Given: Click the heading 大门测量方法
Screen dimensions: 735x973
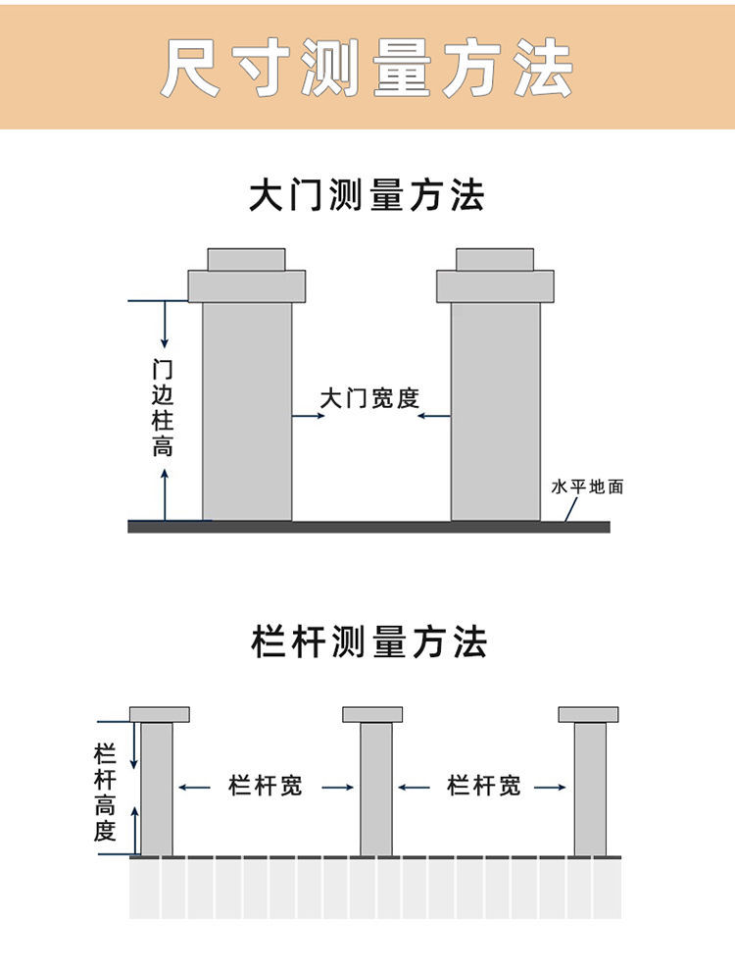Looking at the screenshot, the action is pyautogui.click(x=367, y=195).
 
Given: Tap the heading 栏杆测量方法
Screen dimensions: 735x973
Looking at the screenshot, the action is pyautogui.click(x=369, y=641).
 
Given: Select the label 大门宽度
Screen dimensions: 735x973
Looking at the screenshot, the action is pyautogui.click(x=369, y=398).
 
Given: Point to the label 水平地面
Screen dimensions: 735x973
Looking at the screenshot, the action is pyautogui.click(x=587, y=486).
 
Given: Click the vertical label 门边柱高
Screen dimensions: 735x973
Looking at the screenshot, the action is pyautogui.click(x=163, y=408).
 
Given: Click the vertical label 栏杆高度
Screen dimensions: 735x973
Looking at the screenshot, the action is pyautogui.click(x=105, y=793).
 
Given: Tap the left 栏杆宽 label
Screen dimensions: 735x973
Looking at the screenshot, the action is pyautogui.click(x=265, y=786).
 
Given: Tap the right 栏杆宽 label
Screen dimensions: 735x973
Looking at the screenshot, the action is pyautogui.click(x=484, y=786).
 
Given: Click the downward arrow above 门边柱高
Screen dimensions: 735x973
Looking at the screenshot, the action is pyautogui.click(x=165, y=325).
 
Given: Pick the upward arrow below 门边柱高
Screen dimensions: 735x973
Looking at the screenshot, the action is pyautogui.click(x=165, y=494).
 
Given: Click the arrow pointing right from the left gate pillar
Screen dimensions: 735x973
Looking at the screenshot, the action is pyautogui.click(x=309, y=416).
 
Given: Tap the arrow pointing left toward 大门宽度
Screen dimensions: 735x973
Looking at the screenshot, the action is pyautogui.click(x=433, y=416).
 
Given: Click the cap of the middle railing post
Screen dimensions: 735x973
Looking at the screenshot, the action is pyautogui.click(x=372, y=714).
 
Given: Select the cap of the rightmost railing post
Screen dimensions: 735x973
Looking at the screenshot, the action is pyautogui.click(x=588, y=714).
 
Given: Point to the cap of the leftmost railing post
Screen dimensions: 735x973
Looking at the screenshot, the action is pyautogui.click(x=160, y=714).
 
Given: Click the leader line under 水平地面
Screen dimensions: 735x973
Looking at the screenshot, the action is pyautogui.click(x=570, y=509).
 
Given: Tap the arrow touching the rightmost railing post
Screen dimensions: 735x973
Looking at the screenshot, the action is pyautogui.click(x=550, y=788).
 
